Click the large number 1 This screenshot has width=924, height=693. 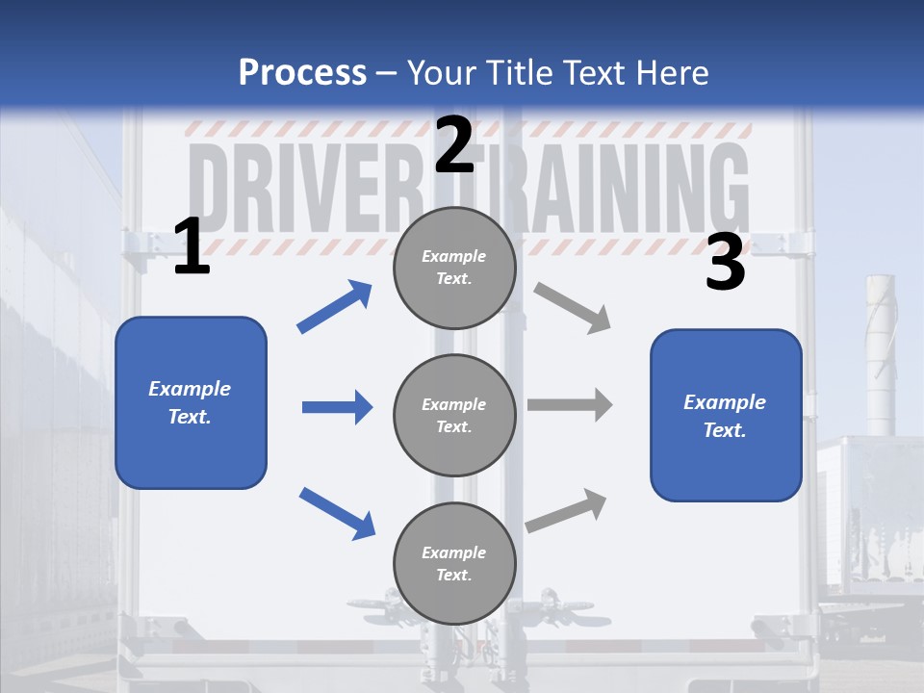pyautogui.click(x=192, y=247)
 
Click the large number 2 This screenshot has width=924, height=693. pyautogui.click(x=454, y=144)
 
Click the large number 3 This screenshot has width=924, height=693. pyautogui.click(x=725, y=263)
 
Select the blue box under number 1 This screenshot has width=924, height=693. pyautogui.click(x=191, y=402)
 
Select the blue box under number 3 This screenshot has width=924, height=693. pyautogui.click(x=726, y=416)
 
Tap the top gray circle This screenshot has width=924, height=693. pyautogui.click(x=454, y=268)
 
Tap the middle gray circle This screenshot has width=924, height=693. pyautogui.click(x=454, y=415)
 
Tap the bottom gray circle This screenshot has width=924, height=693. pyautogui.click(x=454, y=563)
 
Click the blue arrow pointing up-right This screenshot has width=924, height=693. pyautogui.click(x=334, y=307)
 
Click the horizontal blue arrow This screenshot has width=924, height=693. pyautogui.click(x=337, y=407)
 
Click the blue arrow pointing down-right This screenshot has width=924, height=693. pyautogui.click(x=337, y=512)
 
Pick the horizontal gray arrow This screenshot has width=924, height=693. pyautogui.click(x=570, y=405)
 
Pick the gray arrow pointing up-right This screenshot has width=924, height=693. pyautogui.click(x=566, y=511)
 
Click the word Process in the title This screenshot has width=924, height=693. pyautogui.click(x=302, y=72)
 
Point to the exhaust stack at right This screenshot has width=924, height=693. pyautogui.click(x=880, y=356)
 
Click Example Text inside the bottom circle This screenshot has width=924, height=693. pyautogui.click(x=454, y=563)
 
